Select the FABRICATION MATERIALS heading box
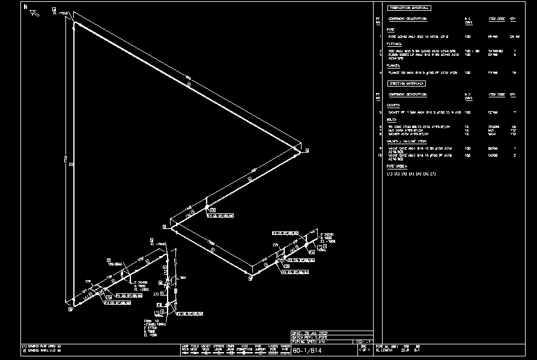click(x=409, y=8)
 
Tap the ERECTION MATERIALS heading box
click(x=407, y=84)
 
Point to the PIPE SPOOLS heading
click(x=396, y=166)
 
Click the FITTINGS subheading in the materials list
click(x=394, y=43)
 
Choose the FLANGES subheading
click(x=393, y=66)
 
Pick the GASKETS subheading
click(x=393, y=105)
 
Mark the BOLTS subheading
click(x=392, y=120)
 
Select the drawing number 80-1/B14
click(x=307, y=351)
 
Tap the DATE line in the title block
click(x=309, y=332)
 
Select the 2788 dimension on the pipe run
click(x=211, y=242)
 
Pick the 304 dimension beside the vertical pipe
click(x=183, y=278)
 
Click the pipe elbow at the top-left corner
click(x=76, y=25)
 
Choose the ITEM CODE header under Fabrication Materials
click(x=496, y=19)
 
